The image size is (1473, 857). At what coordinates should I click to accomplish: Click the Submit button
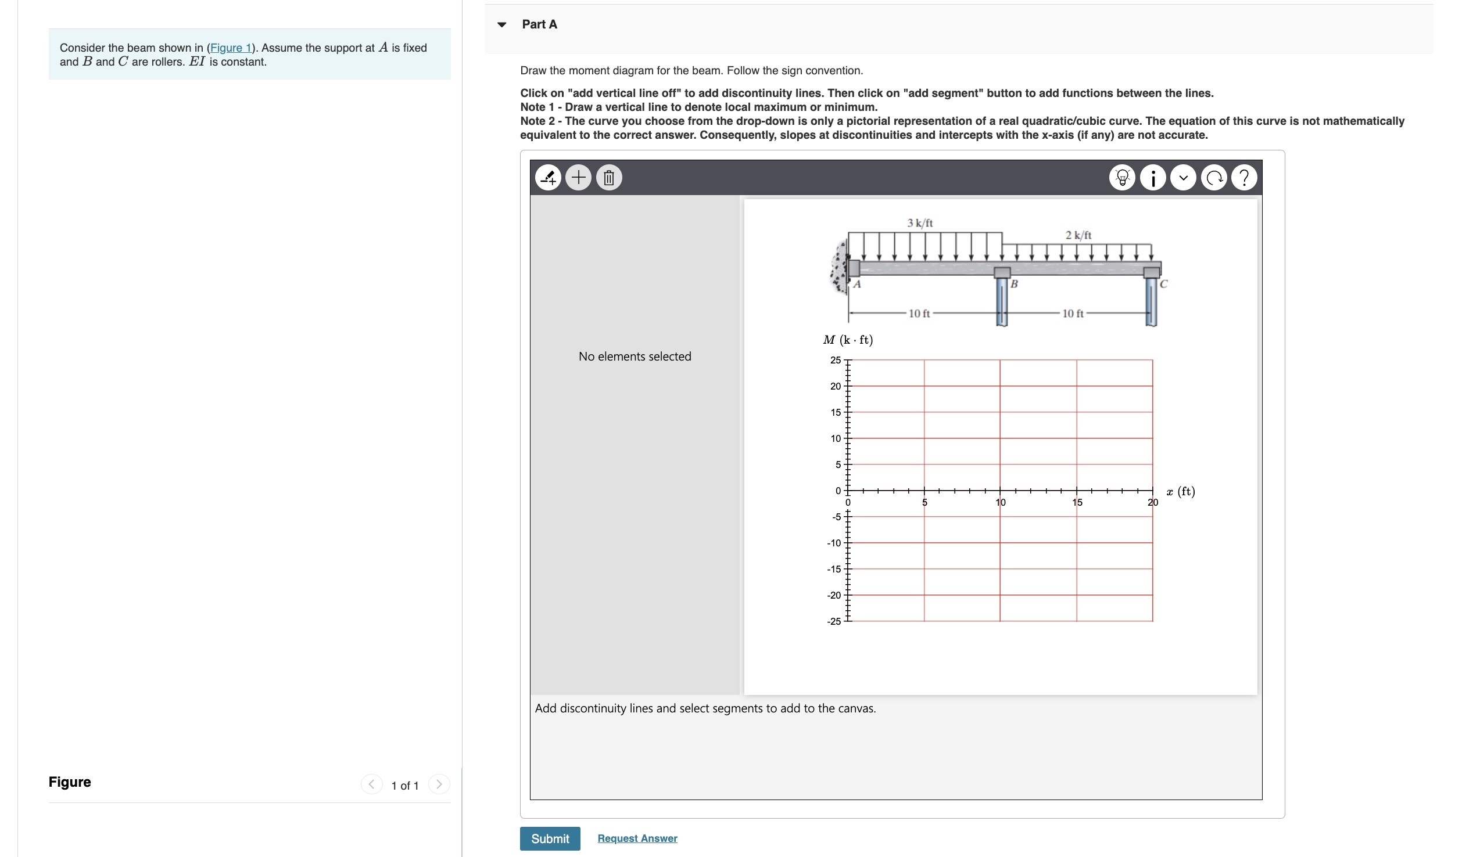[550, 838]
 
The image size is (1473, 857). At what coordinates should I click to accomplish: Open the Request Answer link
[637, 838]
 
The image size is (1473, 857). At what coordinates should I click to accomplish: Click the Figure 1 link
[231, 48]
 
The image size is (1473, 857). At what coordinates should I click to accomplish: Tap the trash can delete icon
[608, 177]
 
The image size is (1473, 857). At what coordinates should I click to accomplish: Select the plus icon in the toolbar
[578, 177]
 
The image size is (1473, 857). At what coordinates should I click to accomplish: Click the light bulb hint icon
[1121, 178]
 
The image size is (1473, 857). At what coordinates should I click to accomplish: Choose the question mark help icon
[1244, 178]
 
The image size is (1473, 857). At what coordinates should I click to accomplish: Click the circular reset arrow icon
[1214, 178]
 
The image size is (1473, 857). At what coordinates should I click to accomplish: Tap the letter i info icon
[1153, 178]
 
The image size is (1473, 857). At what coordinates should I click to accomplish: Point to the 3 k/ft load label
[919, 223]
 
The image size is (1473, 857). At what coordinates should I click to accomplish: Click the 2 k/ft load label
[1078, 235]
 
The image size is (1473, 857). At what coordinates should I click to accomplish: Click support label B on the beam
[1014, 284]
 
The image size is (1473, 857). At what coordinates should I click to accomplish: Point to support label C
[1163, 284]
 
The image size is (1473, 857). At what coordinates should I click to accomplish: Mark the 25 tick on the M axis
[836, 360]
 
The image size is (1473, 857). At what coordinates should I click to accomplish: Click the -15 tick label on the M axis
[834, 569]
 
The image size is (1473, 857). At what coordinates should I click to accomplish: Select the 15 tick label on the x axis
[1077, 502]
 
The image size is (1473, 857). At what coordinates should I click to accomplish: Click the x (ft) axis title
[1180, 491]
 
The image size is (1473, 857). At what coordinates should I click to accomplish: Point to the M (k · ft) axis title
[848, 340]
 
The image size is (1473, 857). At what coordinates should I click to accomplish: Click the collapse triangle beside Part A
[501, 24]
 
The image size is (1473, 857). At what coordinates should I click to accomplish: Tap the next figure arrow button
[439, 784]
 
